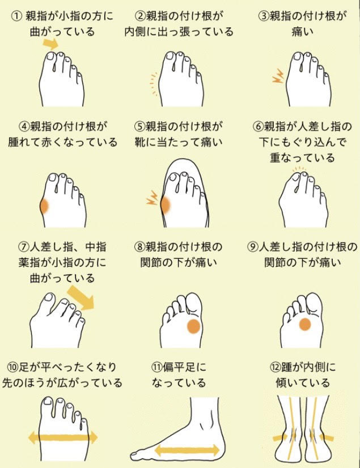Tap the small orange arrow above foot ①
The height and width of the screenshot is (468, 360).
pyautogui.click(x=50, y=42)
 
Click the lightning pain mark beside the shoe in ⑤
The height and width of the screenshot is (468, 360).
pyautogui.click(x=153, y=198)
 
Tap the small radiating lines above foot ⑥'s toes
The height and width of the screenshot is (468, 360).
pyautogui.click(x=298, y=168)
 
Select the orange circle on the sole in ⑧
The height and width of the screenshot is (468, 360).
pyautogui.click(x=193, y=326)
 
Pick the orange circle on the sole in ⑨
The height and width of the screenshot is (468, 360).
pyautogui.click(x=305, y=324)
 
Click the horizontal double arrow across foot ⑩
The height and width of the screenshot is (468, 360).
pyautogui.click(x=63, y=437)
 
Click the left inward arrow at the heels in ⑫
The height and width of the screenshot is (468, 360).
pyautogui.click(x=279, y=437)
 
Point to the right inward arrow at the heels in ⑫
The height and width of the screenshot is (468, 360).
pyautogui.click(x=326, y=437)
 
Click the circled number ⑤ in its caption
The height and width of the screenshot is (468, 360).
pyautogui.click(x=139, y=126)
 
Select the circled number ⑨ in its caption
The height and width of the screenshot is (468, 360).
pyautogui.click(x=253, y=247)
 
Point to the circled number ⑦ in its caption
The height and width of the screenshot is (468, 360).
pyautogui.click(x=23, y=247)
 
